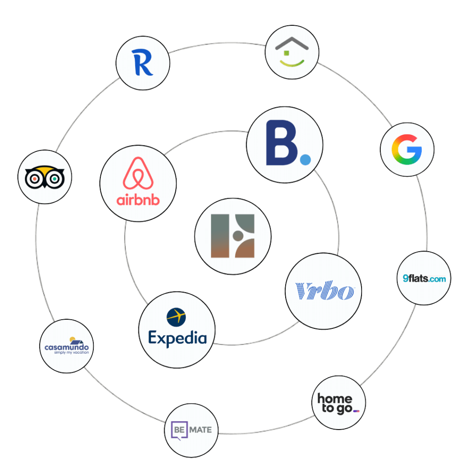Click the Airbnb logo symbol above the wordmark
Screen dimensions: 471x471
coord(138,173)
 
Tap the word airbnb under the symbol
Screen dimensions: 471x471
coord(138,200)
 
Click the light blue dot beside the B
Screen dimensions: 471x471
coord(305,159)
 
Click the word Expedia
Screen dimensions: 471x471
coord(177,339)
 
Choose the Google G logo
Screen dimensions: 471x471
coord(407,149)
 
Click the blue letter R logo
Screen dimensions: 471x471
coord(142,63)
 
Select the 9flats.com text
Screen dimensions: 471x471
coord(424,278)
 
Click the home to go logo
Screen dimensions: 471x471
coord(339,404)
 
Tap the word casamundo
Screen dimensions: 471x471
coord(67,346)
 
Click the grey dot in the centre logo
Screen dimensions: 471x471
coord(238,236)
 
